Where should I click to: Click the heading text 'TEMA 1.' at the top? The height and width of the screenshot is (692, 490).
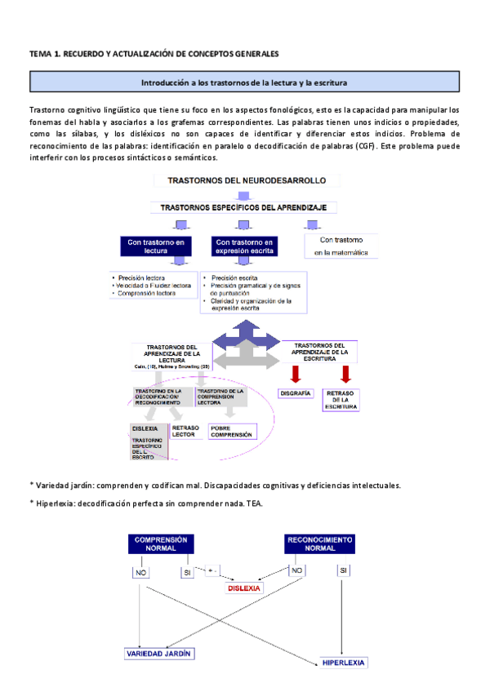[46, 54]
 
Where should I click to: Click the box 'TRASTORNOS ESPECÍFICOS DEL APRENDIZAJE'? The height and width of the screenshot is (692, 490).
[243, 208]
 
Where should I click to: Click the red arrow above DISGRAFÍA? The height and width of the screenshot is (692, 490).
[295, 374]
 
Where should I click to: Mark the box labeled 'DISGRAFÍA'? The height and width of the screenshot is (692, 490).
[295, 394]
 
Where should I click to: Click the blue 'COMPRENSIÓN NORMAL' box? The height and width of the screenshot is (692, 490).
[161, 543]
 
